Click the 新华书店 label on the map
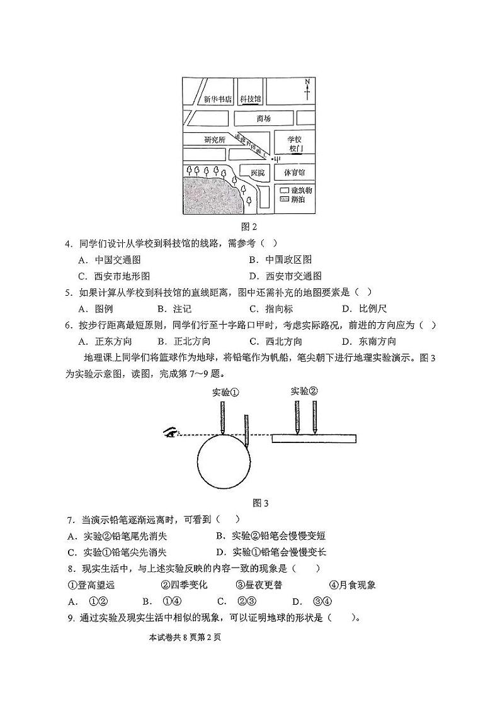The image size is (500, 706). point(218,99)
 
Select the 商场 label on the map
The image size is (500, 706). point(263,118)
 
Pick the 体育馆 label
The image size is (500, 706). point(294,172)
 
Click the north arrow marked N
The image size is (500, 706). point(307,89)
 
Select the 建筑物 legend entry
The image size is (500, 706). point(293,189)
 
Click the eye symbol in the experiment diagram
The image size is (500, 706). point(170,432)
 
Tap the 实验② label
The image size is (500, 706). point(304,391)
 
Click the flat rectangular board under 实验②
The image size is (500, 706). point(314,438)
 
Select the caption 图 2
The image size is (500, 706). point(250,227)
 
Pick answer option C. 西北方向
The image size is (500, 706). point(275,341)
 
